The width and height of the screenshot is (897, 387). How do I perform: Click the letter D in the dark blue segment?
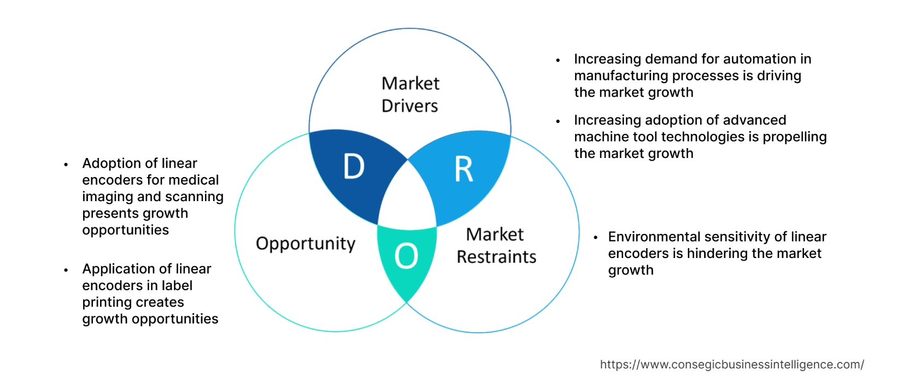tap(354, 166)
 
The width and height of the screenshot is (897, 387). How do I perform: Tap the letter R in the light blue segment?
tap(464, 169)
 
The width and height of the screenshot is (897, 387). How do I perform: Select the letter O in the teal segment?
tap(406, 256)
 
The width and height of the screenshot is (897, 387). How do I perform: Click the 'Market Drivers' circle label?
tap(410, 95)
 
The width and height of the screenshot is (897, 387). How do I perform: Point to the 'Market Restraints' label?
tap(496, 245)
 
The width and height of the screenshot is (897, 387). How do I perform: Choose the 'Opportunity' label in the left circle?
tap(306, 243)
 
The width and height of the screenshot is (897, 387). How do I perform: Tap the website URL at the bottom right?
tap(731, 365)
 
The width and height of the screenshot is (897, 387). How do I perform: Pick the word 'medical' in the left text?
tap(194, 180)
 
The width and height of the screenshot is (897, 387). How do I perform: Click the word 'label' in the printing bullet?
tap(177, 285)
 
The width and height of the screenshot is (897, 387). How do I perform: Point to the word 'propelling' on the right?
tap(794, 137)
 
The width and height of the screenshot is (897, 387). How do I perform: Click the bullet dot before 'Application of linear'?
tap(66, 269)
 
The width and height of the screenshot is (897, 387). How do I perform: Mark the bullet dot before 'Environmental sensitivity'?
tap(596, 237)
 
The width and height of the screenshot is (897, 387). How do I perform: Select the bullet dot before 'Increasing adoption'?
tap(558, 121)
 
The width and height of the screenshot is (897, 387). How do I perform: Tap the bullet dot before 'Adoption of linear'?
tap(66, 164)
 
